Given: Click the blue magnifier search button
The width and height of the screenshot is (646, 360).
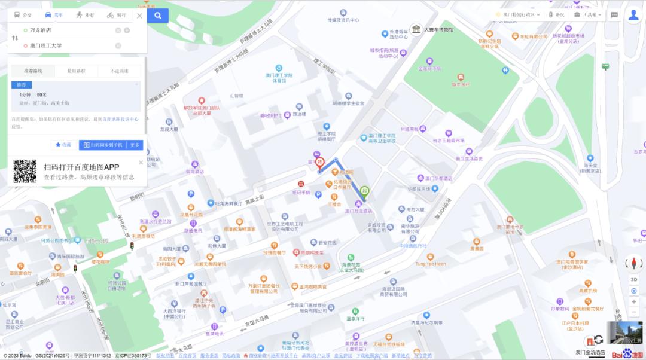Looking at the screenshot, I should click(x=158, y=16).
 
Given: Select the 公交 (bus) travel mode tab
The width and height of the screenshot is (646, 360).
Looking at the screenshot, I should click(x=23, y=15).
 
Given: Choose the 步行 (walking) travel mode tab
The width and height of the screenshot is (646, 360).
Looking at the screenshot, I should click(x=85, y=15).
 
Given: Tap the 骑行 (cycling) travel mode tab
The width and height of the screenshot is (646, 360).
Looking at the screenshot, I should click(x=117, y=15).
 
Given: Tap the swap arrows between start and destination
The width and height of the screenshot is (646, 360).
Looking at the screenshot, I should click(x=16, y=38).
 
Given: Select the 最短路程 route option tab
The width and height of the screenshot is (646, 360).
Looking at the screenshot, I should click(x=76, y=71).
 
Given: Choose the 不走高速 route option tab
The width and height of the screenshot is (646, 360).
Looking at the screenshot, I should click(x=119, y=71).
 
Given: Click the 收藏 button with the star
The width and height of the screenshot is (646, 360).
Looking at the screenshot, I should click(x=63, y=145).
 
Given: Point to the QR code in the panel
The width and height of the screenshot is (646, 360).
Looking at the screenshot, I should click(x=25, y=172).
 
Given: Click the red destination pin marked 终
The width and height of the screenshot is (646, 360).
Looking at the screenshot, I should click(x=320, y=162).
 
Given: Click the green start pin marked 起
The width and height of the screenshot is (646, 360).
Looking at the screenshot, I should click(x=364, y=193).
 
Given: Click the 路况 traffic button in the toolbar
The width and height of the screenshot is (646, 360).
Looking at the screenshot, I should click(x=556, y=14).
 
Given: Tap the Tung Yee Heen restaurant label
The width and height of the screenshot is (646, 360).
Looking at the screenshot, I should click(x=431, y=263).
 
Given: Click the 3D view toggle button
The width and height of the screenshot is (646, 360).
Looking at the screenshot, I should click(x=634, y=279).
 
